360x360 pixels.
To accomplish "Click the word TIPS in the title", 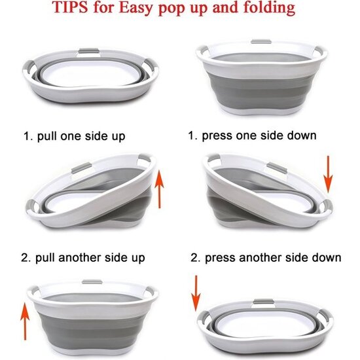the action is click(x=70, y=7).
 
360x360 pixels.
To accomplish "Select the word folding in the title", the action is click(x=269, y=8).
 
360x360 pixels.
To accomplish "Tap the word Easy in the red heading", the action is click(x=136, y=9).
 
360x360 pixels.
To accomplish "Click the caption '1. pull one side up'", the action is click(x=75, y=136).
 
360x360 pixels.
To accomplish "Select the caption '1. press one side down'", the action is click(x=252, y=135).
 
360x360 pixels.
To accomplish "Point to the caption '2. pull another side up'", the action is click(x=83, y=258).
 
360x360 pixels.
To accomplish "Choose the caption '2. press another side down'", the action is click(x=266, y=258).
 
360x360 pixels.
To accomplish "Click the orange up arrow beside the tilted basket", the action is click(x=159, y=189).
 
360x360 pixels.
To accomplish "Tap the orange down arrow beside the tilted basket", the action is click(x=329, y=174).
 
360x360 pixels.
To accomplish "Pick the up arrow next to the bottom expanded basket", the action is click(x=25, y=321).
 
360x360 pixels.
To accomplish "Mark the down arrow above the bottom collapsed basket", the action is click(x=196, y=293).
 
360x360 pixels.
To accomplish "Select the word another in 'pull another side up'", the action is click(x=80, y=257).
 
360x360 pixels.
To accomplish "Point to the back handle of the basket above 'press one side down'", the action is click(x=261, y=41).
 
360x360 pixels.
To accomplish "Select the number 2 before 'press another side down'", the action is click(x=194, y=258).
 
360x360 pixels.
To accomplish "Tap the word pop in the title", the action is click(x=172, y=9).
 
